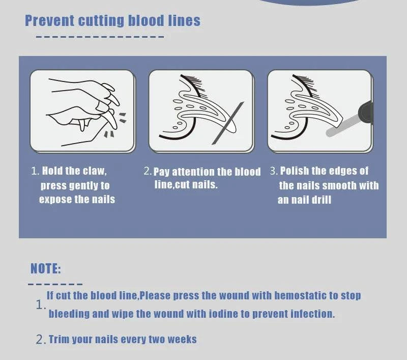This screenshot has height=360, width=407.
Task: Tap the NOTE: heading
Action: coord(46,268)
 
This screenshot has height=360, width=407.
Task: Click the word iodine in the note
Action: coord(224,314)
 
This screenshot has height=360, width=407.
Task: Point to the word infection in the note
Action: coord(312,314)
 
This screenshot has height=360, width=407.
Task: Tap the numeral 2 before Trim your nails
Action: coord(40,340)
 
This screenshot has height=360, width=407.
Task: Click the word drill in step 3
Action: coord(321,200)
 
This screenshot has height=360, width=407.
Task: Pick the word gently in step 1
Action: coord(92,185)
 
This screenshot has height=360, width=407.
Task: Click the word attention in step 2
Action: coord(194,172)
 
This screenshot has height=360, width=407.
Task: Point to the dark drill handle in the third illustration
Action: coord(366,113)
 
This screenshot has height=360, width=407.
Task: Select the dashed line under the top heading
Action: coord(100,37)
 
